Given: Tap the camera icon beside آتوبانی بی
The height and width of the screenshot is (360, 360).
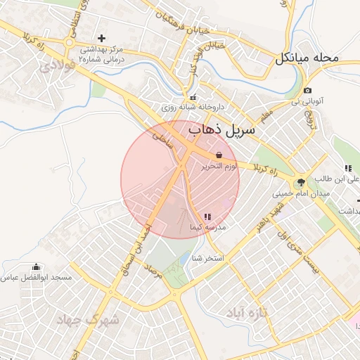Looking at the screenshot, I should (x=308, y=91).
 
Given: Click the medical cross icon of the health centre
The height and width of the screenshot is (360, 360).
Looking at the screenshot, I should (x=102, y=38).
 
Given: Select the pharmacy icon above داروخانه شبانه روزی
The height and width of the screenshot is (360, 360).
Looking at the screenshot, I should (x=193, y=97).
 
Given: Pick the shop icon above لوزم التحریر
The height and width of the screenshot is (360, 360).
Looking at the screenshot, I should (x=219, y=154).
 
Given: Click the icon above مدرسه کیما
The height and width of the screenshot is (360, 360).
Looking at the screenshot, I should (x=207, y=217).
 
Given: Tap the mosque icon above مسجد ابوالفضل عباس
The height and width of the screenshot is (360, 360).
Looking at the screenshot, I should (x=37, y=267).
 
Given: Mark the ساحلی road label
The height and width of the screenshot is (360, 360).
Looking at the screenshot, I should (x=162, y=134).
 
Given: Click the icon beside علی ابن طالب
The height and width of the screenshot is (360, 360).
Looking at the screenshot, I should (x=348, y=168).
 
